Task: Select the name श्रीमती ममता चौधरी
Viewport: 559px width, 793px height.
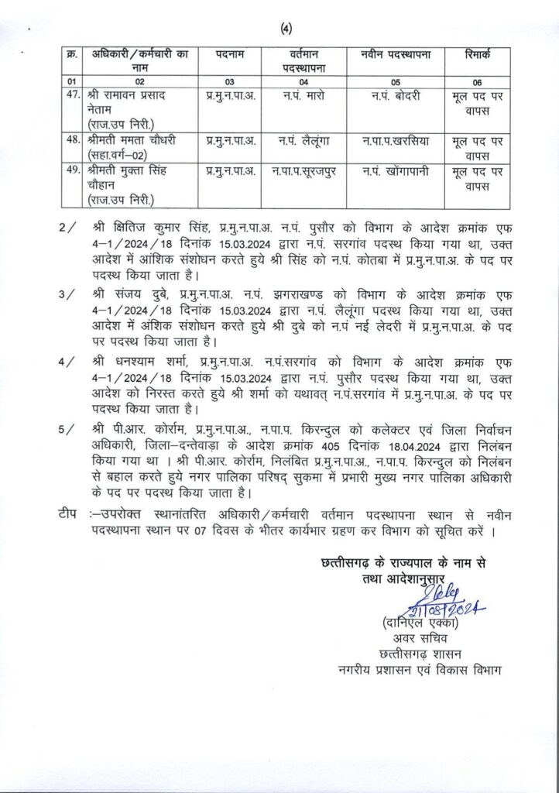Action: (x=125, y=141)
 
